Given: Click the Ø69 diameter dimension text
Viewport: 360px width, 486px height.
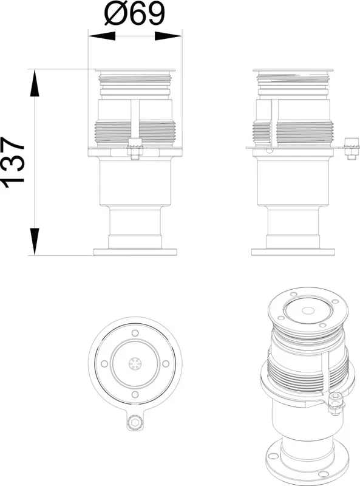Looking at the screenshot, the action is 135,13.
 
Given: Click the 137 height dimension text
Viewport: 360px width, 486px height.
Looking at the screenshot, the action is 13,162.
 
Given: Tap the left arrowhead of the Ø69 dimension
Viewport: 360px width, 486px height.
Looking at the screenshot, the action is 101,36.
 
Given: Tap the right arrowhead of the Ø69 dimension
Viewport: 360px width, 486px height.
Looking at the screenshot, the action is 168,36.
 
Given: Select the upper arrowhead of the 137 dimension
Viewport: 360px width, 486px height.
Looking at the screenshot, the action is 35,83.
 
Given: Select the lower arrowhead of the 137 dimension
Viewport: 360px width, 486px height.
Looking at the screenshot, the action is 35,241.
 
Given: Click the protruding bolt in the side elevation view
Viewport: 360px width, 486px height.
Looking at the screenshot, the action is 352,148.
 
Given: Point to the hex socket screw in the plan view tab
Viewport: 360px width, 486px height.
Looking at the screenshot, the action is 135,422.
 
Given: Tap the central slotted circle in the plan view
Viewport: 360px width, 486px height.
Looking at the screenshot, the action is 135,363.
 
